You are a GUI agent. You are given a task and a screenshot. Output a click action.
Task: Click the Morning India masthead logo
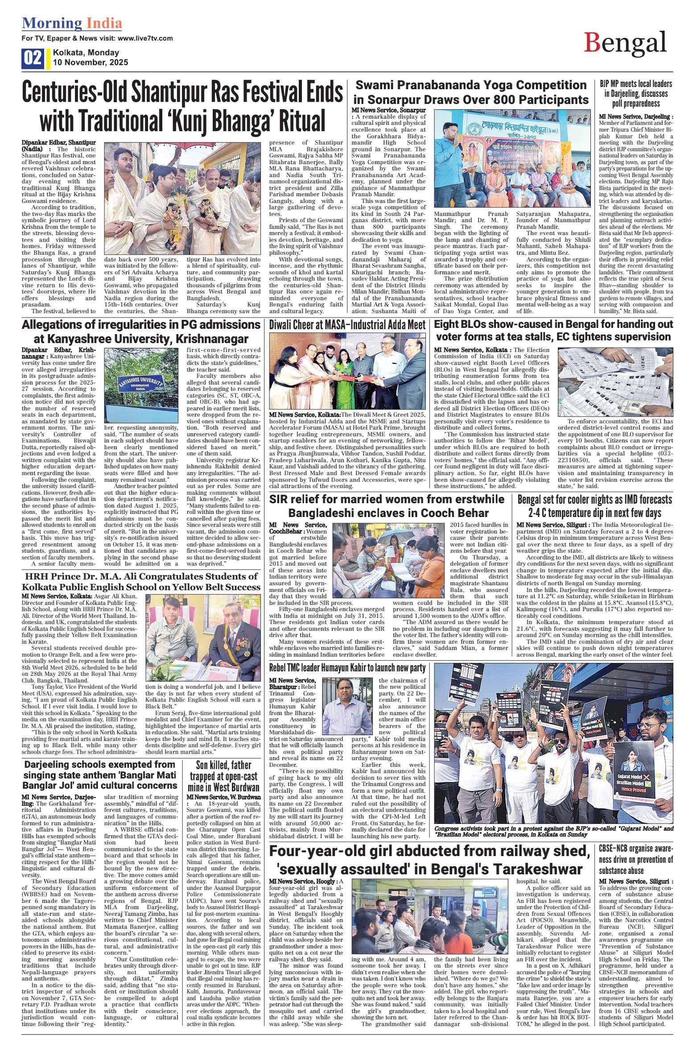coord(72,23)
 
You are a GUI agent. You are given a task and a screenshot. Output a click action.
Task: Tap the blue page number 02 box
coord(33,58)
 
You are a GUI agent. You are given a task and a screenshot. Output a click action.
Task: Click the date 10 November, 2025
coord(90,62)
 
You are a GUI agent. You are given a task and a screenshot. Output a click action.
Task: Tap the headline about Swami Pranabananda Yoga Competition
coord(470,91)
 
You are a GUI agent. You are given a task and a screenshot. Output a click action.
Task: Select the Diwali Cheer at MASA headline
coord(347,325)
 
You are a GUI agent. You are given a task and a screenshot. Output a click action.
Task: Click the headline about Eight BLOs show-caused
coord(553,330)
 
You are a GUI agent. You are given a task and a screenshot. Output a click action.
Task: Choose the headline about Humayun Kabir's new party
coord(347,668)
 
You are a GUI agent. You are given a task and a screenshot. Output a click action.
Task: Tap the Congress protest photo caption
coord(553,831)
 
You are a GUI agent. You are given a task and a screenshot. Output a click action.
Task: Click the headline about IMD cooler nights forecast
coord(594,505)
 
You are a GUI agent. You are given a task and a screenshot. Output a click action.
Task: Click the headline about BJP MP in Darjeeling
coord(635,94)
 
